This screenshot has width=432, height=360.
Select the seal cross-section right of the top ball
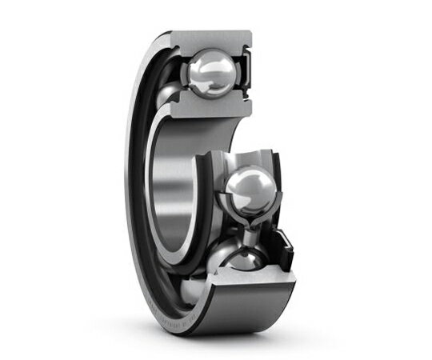[247, 74]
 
